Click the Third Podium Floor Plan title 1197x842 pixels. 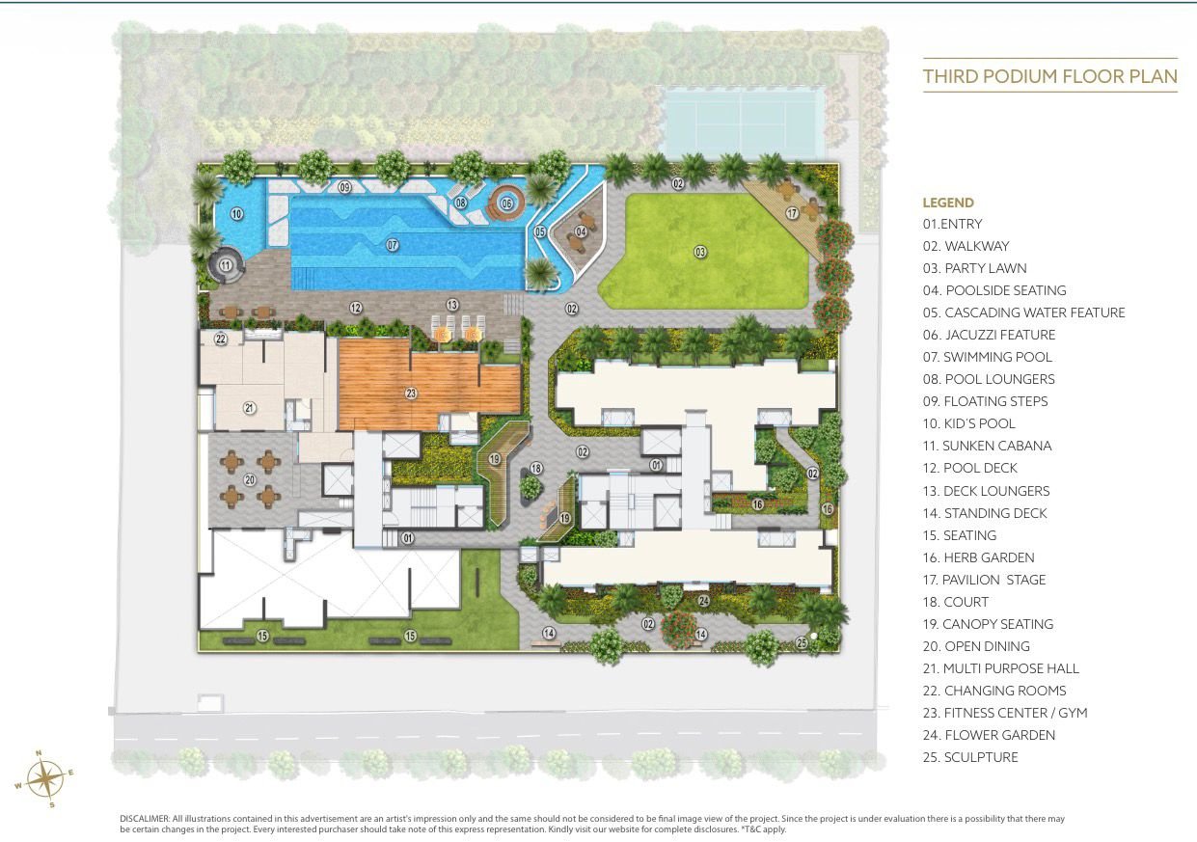pyautogui.click(x=1049, y=76)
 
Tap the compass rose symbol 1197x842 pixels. pyautogui.click(x=43, y=777)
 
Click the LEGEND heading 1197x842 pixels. pyautogui.click(x=948, y=203)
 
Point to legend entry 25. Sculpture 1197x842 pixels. pyautogui.click(x=969, y=757)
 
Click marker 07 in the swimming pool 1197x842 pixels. pyautogui.click(x=393, y=245)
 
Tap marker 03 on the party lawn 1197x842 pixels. pyautogui.click(x=700, y=252)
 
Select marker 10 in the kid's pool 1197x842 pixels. pyautogui.click(x=236, y=214)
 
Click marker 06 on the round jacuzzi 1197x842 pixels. pyautogui.click(x=506, y=204)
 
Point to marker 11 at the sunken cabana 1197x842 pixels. pyautogui.click(x=226, y=264)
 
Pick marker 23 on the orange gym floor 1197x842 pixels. pyautogui.click(x=411, y=393)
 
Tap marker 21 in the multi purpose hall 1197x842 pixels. pyautogui.click(x=249, y=408)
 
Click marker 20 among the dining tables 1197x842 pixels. pyautogui.click(x=250, y=478)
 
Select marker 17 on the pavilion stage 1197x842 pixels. pyautogui.click(x=792, y=213)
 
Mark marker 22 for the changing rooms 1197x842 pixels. pyautogui.click(x=221, y=339)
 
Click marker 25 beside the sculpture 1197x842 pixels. pyautogui.click(x=802, y=640)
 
